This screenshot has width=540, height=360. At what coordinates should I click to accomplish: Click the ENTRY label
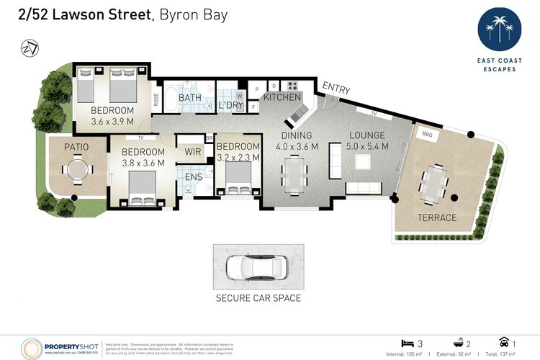pos(336,89)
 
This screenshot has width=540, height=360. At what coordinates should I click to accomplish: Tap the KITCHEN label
pos(282,97)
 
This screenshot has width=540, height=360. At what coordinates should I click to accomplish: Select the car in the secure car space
pos(258,267)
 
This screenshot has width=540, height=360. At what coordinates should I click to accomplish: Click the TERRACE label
pos(437,217)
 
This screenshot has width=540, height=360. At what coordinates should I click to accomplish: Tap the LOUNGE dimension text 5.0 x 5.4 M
pos(368,147)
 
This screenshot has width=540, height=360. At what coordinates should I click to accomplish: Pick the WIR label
pos(193,151)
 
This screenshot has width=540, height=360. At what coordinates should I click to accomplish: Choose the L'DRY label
pos(231,106)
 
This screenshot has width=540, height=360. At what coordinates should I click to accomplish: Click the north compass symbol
pos(28,48)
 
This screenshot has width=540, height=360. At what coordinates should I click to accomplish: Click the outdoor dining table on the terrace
pos(432,183)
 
